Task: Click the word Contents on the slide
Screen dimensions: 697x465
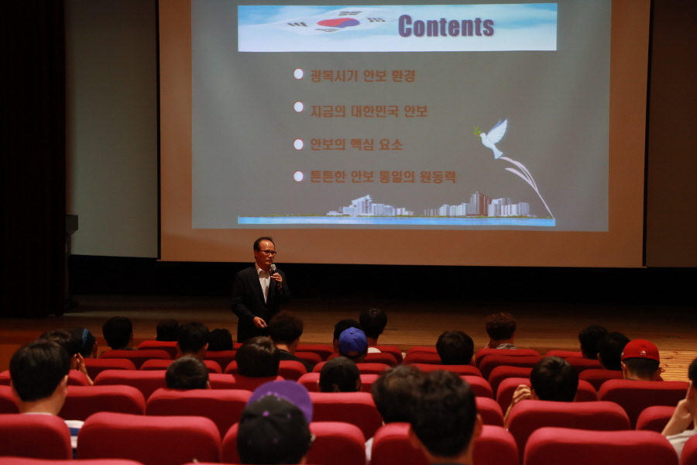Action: (446, 26)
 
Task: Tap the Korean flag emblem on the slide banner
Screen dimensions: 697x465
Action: (338, 22)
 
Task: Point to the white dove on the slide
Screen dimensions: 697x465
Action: (493, 137)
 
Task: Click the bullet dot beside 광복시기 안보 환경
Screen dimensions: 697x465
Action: (298, 74)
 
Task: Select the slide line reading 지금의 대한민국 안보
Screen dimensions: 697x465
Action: (369, 111)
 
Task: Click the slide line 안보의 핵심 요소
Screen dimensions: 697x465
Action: (356, 144)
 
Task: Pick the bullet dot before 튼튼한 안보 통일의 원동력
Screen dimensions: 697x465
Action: (298, 177)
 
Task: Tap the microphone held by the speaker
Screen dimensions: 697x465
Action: (273, 269)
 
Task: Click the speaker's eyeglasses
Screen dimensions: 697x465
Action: (267, 253)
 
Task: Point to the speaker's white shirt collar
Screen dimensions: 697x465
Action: (263, 272)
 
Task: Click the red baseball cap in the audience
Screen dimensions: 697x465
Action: (640, 350)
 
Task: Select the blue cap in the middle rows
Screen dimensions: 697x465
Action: (352, 342)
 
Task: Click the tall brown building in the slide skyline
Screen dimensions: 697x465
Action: (479, 203)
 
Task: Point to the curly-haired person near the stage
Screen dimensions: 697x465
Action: (500, 330)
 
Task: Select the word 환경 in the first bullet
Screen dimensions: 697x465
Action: (403, 76)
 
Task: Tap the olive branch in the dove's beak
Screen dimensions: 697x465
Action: (477, 131)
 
